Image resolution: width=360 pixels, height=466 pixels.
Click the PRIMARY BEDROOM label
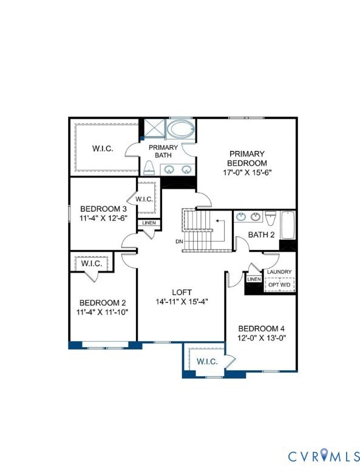click(x=246, y=158)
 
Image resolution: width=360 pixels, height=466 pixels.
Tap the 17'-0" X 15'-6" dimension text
click(x=246, y=172)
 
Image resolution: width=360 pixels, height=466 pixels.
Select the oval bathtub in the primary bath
click(x=180, y=129)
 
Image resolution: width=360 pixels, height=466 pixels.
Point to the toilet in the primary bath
click(x=148, y=167)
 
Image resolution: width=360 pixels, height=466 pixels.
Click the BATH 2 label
click(x=262, y=234)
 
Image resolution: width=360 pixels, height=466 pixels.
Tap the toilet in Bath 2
click(x=271, y=218)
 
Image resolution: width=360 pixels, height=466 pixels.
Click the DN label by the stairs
click(x=179, y=241)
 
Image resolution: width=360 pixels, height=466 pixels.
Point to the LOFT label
click(x=182, y=292)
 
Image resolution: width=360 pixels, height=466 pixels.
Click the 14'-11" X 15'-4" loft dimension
click(x=182, y=302)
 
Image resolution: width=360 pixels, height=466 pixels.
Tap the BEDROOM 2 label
click(x=103, y=303)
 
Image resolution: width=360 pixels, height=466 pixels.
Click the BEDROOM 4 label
click(x=262, y=328)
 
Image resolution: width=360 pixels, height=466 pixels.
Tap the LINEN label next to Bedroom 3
click(x=149, y=223)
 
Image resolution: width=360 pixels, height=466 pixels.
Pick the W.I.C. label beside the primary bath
click(x=103, y=149)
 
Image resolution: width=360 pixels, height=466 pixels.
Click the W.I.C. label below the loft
click(x=207, y=361)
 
